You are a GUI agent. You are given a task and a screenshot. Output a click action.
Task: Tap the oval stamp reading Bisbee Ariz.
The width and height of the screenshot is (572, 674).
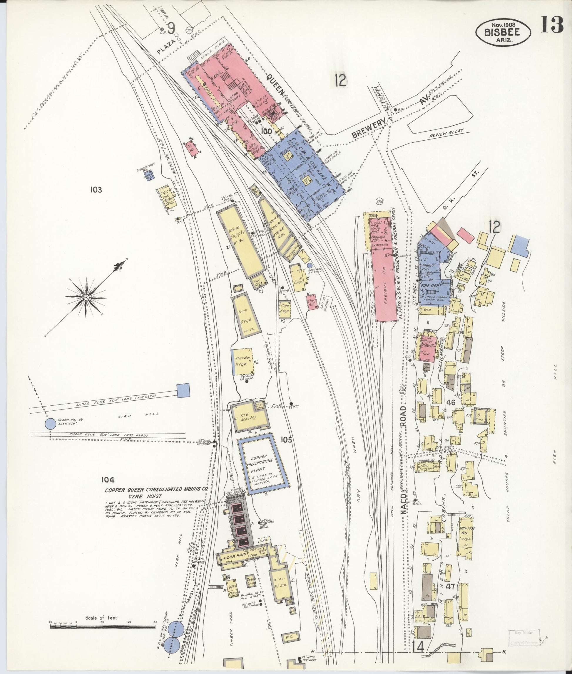pyautogui.click(x=503, y=32)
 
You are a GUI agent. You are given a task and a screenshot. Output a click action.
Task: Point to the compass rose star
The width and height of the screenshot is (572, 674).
pyautogui.click(x=86, y=297)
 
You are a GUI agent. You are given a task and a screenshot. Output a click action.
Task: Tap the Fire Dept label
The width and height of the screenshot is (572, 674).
pyautogui.click(x=430, y=286)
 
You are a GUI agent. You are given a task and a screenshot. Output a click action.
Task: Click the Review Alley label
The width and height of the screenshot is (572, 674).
pyautogui.click(x=446, y=133)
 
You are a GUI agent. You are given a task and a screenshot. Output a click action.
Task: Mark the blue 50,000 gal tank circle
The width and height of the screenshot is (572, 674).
pyautogui.click(x=50, y=424)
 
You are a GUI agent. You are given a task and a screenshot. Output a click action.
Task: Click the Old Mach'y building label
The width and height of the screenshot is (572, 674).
pyautogui.click(x=249, y=417)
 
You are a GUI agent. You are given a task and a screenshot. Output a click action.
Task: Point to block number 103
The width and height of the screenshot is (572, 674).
pyautogui.click(x=96, y=190)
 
